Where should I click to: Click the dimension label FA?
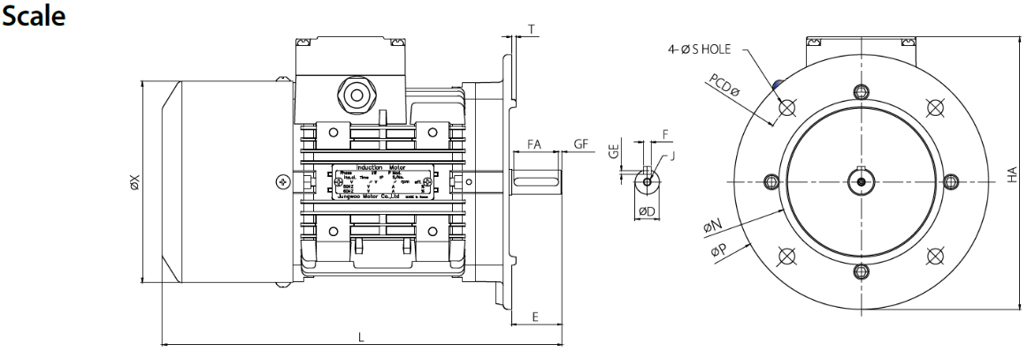[533, 144]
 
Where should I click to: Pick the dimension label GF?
[580, 144]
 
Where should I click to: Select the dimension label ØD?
[646, 211]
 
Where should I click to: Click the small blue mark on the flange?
[776, 85]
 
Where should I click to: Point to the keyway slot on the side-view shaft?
[536, 182]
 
